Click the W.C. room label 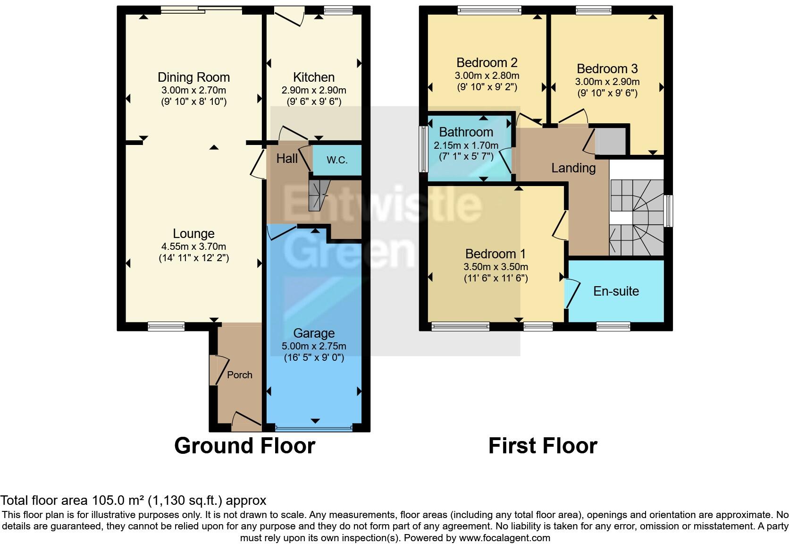(x=337, y=160)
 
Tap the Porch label (x=240, y=375)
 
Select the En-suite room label (x=616, y=291)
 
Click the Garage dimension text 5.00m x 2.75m (x=314, y=346)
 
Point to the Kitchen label (x=314, y=77)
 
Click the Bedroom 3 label (x=608, y=69)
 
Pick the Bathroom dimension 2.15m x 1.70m (x=466, y=145)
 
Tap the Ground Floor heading (x=244, y=446)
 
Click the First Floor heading (x=543, y=446)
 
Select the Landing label (x=573, y=168)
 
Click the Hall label (x=287, y=158)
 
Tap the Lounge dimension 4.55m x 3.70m (x=193, y=246)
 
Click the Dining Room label (x=193, y=77)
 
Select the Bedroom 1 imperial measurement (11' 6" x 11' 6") (x=495, y=278)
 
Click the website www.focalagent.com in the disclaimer (x=504, y=537)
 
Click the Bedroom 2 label (x=487, y=62)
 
